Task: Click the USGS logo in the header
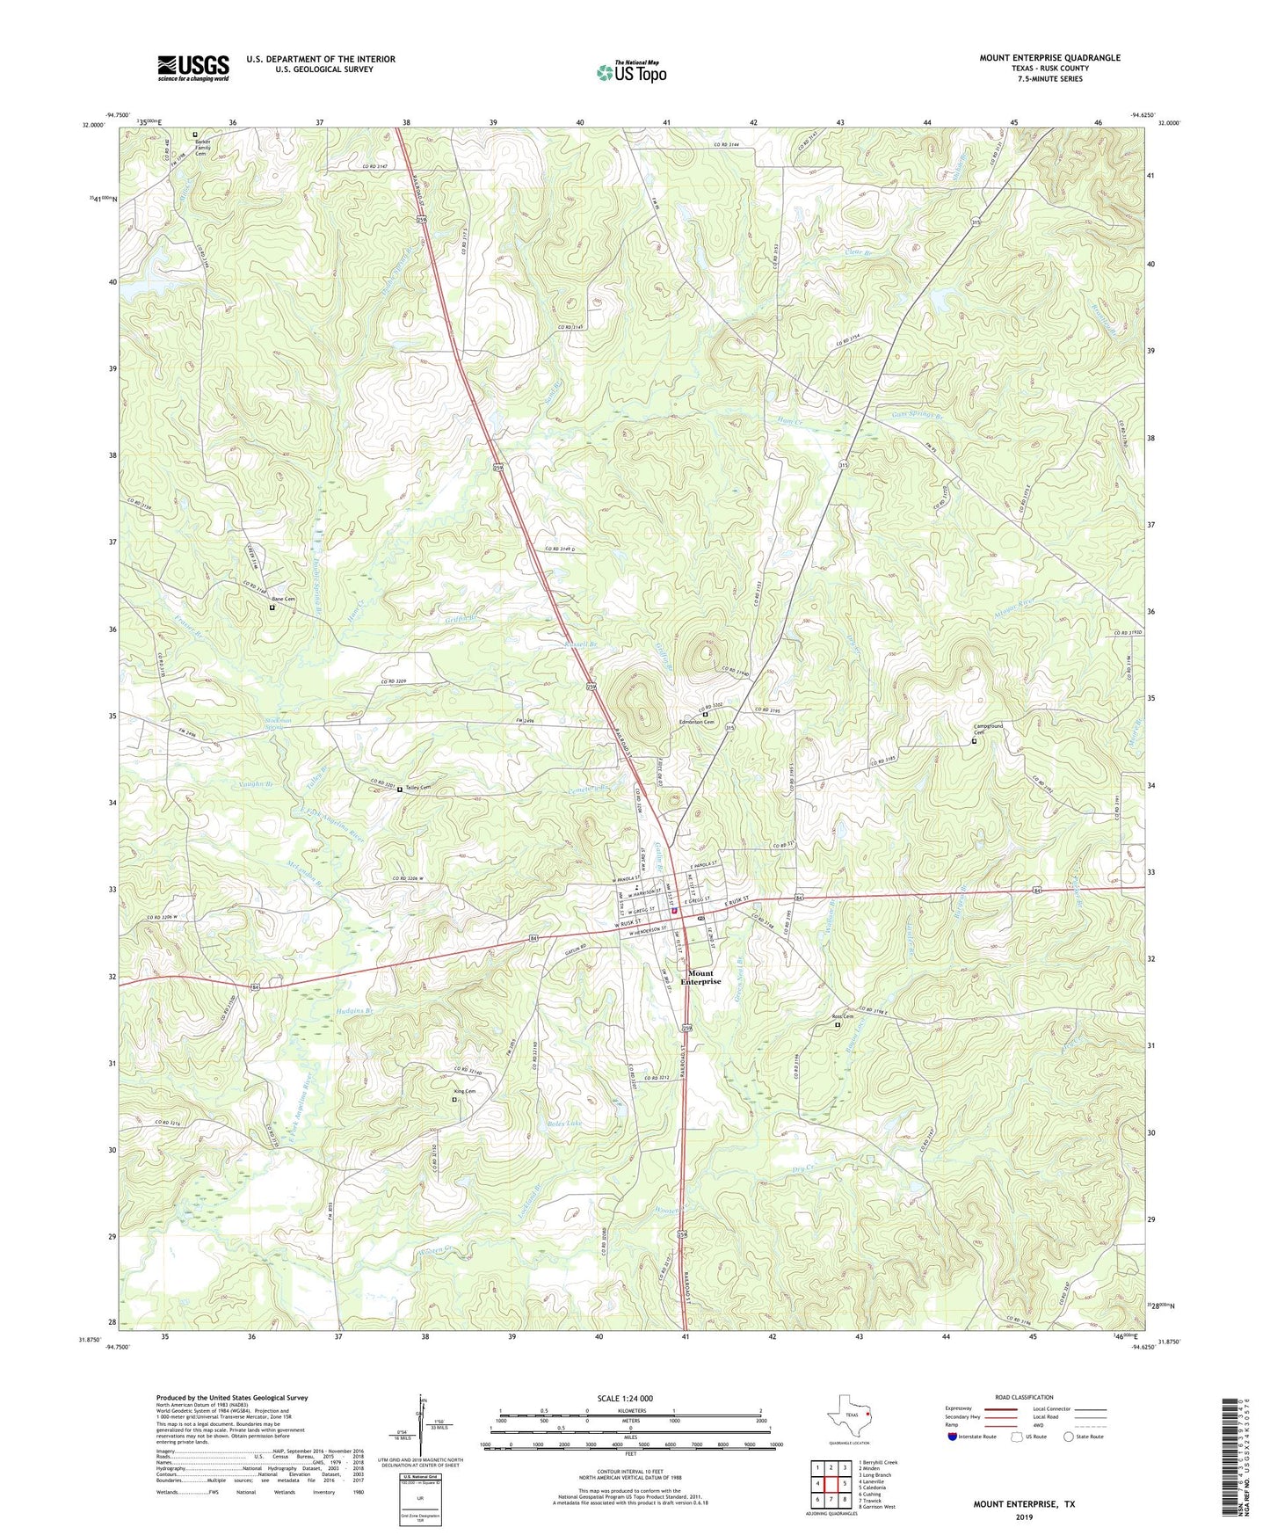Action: click(x=192, y=68)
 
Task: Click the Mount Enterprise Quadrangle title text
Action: click(x=1049, y=58)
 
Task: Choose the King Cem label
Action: click(x=464, y=1092)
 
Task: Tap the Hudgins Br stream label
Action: click(x=355, y=1012)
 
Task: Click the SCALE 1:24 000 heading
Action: click(x=629, y=1399)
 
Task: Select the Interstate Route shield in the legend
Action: click(x=953, y=1437)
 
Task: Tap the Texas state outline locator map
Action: click(x=848, y=1415)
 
